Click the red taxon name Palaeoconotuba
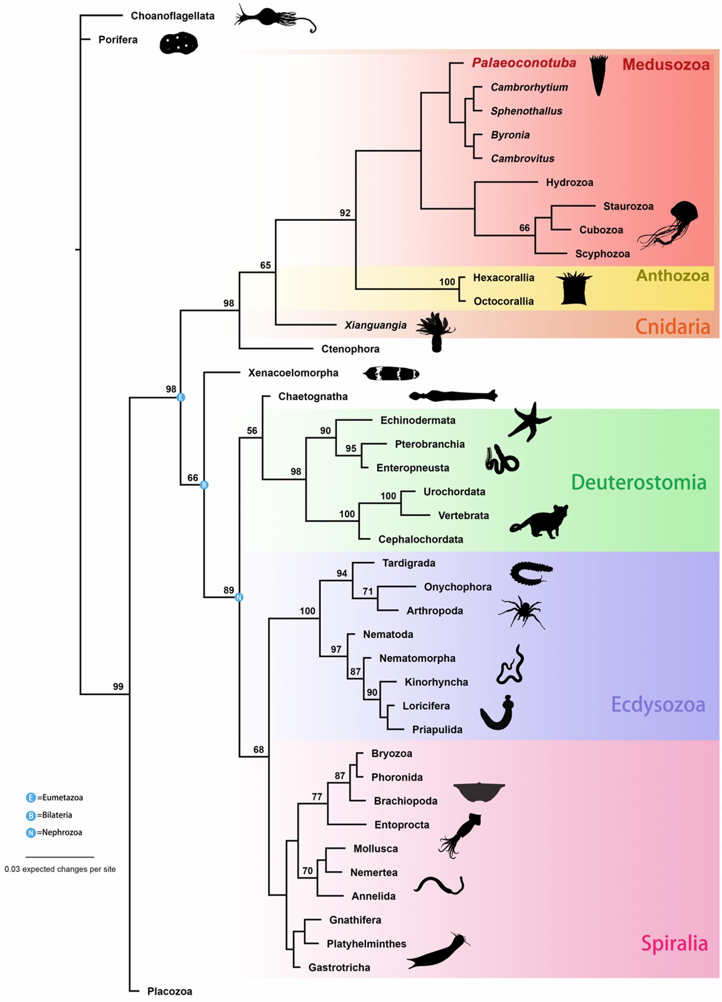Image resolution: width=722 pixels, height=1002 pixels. (x=524, y=63)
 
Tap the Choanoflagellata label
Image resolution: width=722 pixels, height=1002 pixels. (x=173, y=16)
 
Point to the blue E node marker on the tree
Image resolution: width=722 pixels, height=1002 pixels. (x=180, y=398)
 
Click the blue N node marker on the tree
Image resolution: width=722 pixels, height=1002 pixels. (x=239, y=597)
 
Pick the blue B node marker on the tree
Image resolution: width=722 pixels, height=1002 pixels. (x=204, y=485)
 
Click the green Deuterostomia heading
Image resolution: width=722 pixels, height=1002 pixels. (x=639, y=482)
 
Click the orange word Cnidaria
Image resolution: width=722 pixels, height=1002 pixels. (x=672, y=327)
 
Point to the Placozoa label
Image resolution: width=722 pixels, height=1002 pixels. (x=170, y=991)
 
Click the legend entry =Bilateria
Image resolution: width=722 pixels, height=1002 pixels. (x=54, y=815)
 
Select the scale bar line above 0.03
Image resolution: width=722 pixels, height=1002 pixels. (x=60, y=857)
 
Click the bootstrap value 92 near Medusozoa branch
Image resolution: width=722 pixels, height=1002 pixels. (x=345, y=213)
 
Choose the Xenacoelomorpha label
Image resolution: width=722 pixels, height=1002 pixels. (x=293, y=373)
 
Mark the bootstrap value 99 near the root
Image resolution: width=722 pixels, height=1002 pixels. (x=118, y=687)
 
